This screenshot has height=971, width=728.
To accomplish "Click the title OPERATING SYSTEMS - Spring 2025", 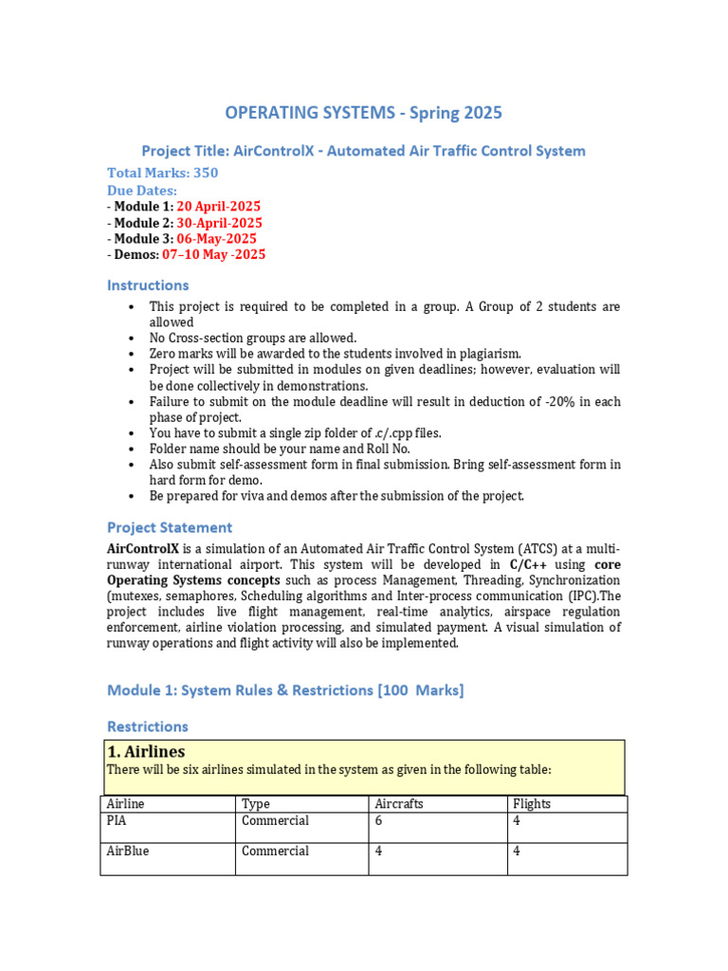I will [363, 114].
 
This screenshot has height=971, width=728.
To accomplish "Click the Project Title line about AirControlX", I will [363, 151].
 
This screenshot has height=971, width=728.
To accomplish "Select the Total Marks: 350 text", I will [162, 173].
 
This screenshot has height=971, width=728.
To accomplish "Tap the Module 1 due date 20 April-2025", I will [219, 206].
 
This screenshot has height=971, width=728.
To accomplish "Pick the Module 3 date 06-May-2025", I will [216, 238].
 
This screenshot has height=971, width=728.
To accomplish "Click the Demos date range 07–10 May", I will [213, 254].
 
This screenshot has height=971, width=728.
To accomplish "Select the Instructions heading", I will [148, 285].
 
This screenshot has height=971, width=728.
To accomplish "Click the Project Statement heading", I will [169, 527].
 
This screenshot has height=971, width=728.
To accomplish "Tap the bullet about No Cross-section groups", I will [252, 338].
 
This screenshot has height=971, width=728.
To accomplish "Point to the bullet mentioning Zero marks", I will [335, 353].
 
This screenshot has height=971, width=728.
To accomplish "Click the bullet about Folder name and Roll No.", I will [280, 449].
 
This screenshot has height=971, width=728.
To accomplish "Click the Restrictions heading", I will [147, 726].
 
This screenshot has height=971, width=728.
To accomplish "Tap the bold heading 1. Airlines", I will [147, 752].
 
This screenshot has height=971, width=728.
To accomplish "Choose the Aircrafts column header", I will [399, 803].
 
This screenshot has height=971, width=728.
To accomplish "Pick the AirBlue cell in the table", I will [128, 851].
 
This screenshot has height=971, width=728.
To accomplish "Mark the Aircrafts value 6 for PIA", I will [379, 820].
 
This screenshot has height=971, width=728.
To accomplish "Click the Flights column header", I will [531, 803].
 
